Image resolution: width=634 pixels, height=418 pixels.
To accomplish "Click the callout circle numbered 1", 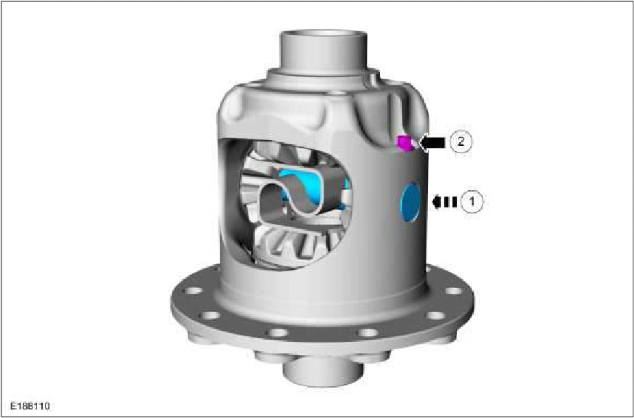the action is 472,202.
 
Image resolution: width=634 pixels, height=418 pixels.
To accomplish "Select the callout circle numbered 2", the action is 460,142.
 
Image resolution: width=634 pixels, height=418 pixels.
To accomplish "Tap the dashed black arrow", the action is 445,202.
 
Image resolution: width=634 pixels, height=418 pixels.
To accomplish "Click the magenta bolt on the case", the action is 405,143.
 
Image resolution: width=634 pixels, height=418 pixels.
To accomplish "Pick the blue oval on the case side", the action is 410,202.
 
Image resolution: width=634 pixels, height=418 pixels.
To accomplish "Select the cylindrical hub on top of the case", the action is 324,51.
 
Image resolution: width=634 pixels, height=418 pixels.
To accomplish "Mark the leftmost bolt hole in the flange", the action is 194,290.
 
